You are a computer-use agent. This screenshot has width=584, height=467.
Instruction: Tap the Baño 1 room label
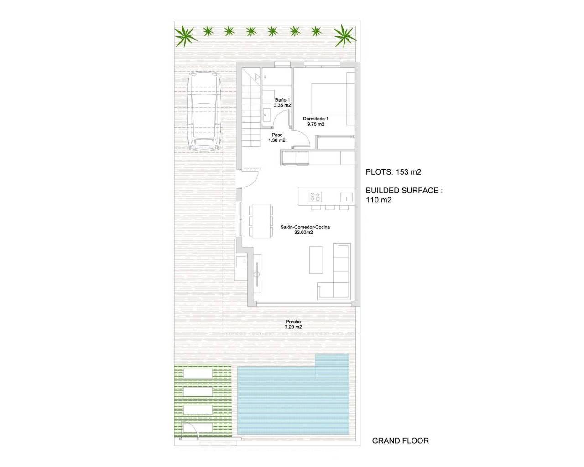282,103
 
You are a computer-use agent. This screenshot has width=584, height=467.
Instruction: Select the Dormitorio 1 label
316,121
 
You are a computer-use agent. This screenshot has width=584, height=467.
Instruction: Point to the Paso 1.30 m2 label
277,138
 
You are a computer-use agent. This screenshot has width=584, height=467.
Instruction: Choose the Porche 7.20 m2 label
293,324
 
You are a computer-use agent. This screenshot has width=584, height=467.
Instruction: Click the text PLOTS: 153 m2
393,172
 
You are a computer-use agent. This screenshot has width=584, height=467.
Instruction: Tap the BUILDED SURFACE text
404,191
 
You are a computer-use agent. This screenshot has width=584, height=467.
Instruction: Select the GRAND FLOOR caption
401,441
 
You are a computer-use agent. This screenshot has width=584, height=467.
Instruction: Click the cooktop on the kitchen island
314,197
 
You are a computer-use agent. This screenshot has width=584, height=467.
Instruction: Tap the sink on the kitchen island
346,197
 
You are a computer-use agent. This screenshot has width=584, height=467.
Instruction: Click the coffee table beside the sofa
317,260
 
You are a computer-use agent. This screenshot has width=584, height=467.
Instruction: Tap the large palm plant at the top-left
187,35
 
